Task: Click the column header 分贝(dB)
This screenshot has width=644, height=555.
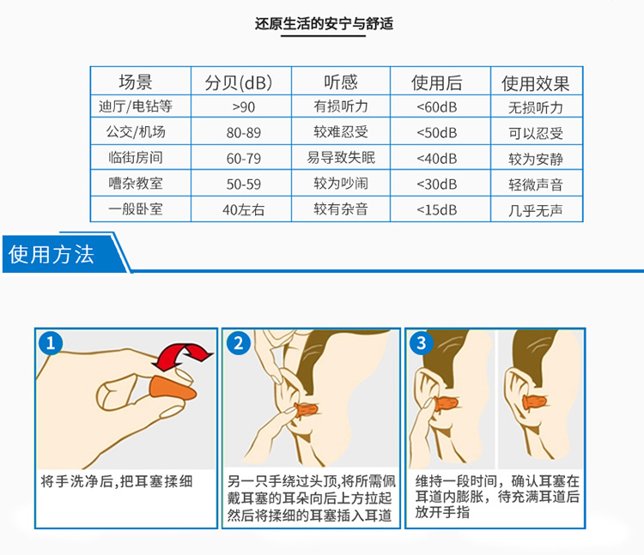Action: point(239,83)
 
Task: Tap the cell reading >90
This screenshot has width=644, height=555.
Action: point(244,107)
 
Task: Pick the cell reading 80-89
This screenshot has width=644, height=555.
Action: point(244,132)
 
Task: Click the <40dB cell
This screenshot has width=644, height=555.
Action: point(436,159)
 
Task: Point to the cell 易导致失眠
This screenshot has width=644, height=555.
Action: point(341,158)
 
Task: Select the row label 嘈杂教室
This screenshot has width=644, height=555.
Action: point(136,183)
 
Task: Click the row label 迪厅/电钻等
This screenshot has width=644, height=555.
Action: point(136,106)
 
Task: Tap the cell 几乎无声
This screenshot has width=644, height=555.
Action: point(535,210)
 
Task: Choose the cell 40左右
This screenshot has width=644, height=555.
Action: point(244,209)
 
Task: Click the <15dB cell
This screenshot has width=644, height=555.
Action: point(436,210)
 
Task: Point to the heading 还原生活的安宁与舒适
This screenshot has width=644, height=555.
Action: point(324,23)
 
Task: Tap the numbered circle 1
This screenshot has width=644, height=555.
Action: point(51,343)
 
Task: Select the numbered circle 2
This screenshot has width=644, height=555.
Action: point(238,343)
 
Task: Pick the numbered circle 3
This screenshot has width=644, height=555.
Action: point(422,343)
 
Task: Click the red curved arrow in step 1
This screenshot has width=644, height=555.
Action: point(183,356)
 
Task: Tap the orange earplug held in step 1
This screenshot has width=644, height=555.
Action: point(173,389)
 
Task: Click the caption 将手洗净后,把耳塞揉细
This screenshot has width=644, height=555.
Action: point(117,481)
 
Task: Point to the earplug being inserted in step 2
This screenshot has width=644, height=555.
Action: point(306,409)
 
